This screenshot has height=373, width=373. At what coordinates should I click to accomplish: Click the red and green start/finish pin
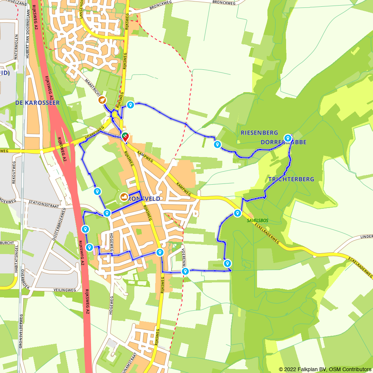click(x=125, y=137)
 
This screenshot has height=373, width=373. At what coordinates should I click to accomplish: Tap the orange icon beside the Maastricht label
click(x=101, y=100)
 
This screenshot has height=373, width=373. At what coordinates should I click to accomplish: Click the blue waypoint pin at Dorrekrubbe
click(x=288, y=138)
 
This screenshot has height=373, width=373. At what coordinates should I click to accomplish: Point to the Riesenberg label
click(x=259, y=132)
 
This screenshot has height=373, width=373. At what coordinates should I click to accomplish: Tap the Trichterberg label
click(x=291, y=179)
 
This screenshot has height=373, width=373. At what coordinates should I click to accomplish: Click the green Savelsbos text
click(x=257, y=220)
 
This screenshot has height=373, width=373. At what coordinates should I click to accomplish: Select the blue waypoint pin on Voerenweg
click(x=185, y=272)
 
